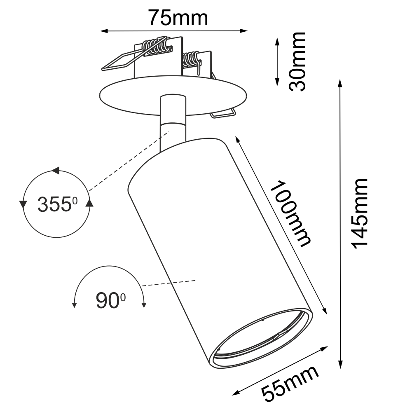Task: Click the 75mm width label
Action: pyautogui.click(x=178, y=18)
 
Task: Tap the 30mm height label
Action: pyautogui.click(x=297, y=61)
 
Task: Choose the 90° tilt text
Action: pyautogui.click(x=110, y=301)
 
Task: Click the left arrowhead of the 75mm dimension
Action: pyautogui.click(x=104, y=31)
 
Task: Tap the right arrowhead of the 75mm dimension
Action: pyautogui.click(x=244, y=31)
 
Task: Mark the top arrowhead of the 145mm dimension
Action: pyautogui.click(x=340, y=83)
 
